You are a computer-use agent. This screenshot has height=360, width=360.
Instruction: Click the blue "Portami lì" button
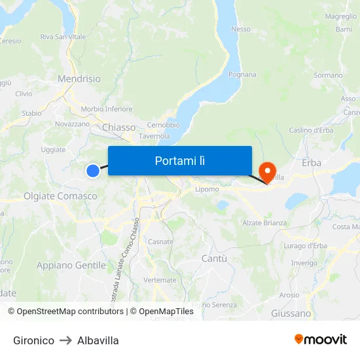[x=180, y=160]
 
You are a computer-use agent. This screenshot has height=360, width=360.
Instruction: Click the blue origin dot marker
[x=93, y=170]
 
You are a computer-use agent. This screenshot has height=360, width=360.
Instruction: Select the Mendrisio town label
[x=79, y=79]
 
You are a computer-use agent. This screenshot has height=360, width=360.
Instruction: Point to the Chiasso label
[x=119, y=128]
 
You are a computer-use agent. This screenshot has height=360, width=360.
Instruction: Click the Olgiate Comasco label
[x=60, y=196]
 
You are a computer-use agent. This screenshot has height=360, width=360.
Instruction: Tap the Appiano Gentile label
[x=71, y=265]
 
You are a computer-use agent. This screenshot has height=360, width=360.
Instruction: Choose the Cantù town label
[x=214, y=259]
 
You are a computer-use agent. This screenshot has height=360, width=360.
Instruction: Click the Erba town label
[x=311, y=163]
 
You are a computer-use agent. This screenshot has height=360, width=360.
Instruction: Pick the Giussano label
[x=291, y=314]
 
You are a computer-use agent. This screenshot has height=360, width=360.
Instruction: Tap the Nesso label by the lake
[x=241, y=29]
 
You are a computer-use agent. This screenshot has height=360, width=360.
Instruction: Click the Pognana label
[x=242, y=75]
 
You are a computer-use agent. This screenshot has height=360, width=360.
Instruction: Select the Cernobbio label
[x=164, y=125]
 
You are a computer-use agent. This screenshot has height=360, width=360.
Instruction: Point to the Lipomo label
[x=207, y=189]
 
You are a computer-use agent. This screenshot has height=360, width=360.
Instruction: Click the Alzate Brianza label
[x=265, y=223]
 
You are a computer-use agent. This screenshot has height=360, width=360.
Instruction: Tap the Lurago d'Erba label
[x=306, y=245]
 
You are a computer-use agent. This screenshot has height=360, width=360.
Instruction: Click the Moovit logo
[x=321, y=339]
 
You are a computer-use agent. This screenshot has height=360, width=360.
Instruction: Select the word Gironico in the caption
[x=33, y=340]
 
